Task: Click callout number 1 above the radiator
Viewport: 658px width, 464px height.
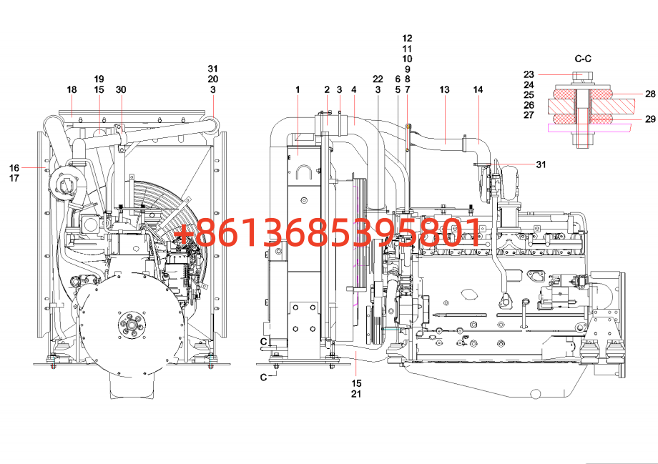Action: pos(298,89)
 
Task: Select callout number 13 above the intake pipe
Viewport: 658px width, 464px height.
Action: pos(444,89)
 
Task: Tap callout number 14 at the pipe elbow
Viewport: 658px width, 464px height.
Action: pos(478,89)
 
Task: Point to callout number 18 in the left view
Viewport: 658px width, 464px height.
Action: pos(72,89)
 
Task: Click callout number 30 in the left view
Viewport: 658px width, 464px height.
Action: pos(121,89)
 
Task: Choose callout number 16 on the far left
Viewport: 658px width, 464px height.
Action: pos(14,168)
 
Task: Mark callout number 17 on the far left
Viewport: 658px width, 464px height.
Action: pos(14,178)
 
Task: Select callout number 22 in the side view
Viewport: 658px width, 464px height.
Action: pos(378,79)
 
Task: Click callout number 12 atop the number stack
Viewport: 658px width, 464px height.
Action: pos(407,38)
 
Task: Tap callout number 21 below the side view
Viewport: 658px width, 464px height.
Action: pos(356,394)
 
